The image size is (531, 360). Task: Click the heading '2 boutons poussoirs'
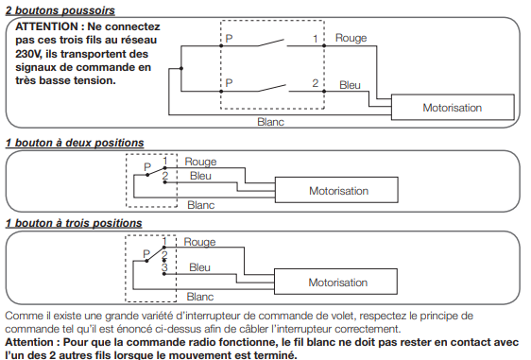(x=60, y=10)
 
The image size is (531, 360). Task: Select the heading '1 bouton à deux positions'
(x=75, y=143)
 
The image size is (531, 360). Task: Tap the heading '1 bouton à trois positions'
(x=74, y=223)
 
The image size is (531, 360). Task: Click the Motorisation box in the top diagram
(x=453, y=108)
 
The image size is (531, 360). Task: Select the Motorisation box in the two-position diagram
(x=336, y=190)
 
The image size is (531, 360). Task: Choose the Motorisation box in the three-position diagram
(x=335, y=282)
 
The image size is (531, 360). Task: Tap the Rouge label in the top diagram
(x=351, y=38)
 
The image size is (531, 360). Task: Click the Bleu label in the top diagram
(x=350, y=85)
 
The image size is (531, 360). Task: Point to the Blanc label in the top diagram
(x=270, y=122)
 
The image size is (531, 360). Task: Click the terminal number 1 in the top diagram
(x=316, y=39)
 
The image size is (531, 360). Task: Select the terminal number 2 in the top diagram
(x=316, y=83)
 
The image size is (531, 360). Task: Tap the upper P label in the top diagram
(x=229, y=39)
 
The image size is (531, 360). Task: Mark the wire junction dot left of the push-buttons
(x=181, y=68)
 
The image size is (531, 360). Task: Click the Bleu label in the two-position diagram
(x=200, y=176)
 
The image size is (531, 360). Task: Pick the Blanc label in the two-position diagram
(x=201, y=205)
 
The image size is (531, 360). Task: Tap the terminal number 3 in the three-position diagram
(x=164, y=267)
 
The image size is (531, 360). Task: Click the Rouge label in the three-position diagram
(x=199, y=242)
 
